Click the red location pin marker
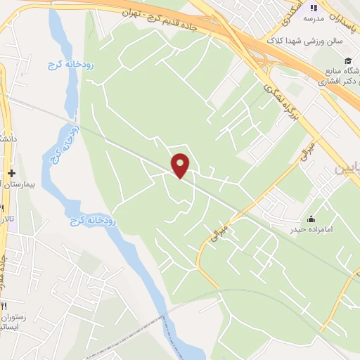pos(181,166)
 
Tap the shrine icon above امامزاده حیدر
pos(311,217)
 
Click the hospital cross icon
pos(11,173)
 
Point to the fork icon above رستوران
pos(3,308)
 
